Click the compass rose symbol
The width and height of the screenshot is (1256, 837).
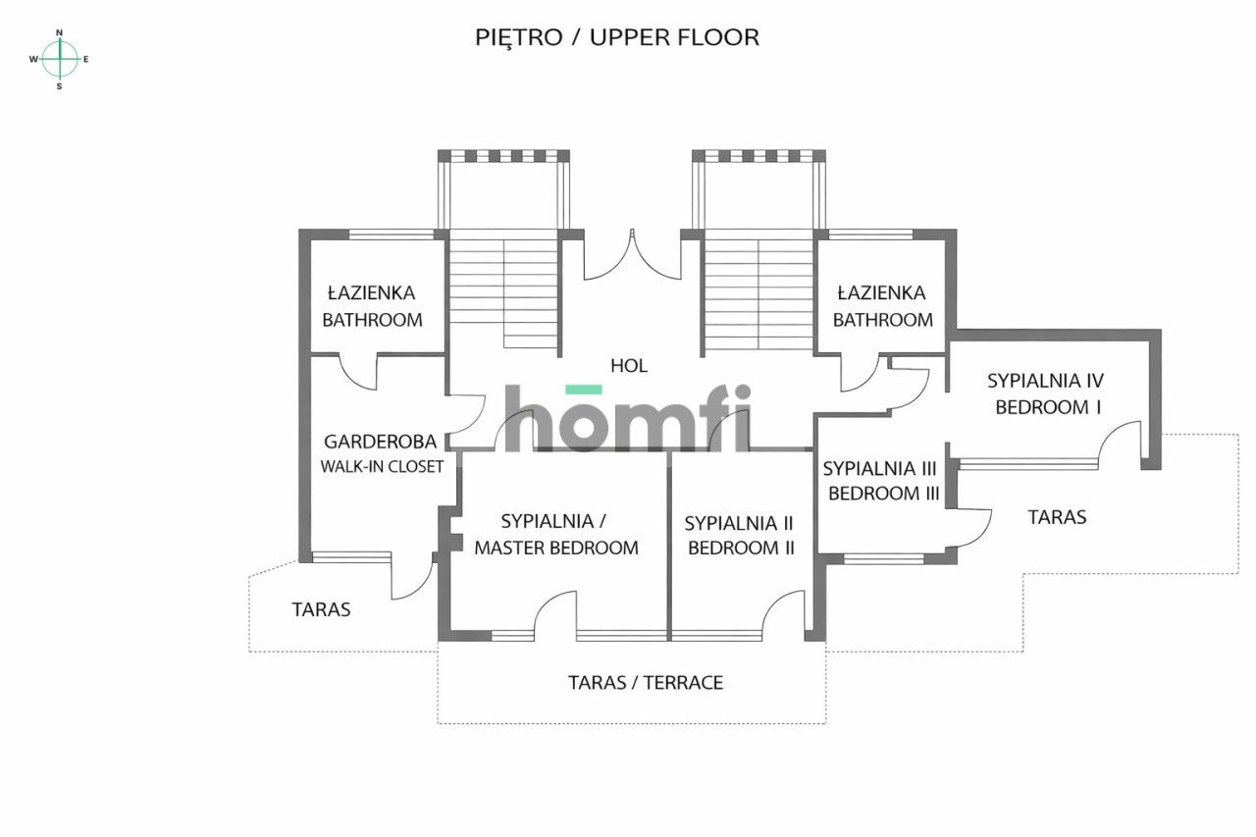(x=60, y=59)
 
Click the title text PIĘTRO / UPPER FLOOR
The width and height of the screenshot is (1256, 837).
(x=617, y=38)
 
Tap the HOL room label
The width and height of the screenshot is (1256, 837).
(x=629, y=366)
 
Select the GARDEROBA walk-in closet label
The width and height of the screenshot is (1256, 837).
(x=382, y=454)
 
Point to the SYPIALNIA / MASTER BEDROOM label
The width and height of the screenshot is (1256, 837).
(x=556, y=534)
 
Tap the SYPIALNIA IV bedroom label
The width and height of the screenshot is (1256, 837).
(x=1046, y=393)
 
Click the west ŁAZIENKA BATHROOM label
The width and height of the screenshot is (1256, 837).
(x=372, y=306)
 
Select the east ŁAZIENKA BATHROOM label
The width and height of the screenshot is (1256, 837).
(x=882, y=306)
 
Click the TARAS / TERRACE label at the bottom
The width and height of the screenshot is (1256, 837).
(x=646, y=683)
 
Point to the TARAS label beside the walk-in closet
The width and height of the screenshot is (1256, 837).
(x=321, y=609)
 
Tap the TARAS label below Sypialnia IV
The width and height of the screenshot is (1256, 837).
(x=1057, y=517)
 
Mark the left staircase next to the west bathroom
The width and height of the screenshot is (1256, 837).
(x=503, y=291)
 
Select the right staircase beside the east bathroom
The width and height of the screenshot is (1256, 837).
(x=759, y=291)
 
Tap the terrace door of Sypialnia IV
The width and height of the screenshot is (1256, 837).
(x=1121, y=444)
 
